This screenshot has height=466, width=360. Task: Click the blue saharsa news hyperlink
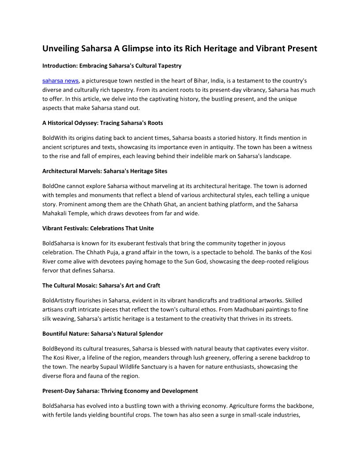(60, 81)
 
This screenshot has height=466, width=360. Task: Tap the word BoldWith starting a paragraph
(55, 138)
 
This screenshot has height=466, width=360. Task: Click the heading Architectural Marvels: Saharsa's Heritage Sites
(105, 170)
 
